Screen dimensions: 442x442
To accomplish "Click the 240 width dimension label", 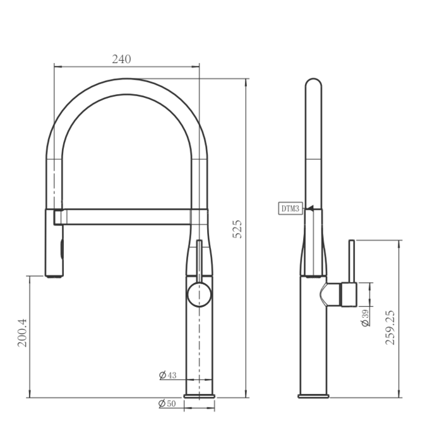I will click(x=121, y=59).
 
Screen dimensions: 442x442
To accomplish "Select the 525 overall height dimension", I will click(x=237, y=229).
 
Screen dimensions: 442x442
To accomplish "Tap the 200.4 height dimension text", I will click(x=21, y=333).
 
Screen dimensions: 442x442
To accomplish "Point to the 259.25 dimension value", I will click(x=390, y=326).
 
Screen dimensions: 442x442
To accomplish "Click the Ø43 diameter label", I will click(x=168, y=375).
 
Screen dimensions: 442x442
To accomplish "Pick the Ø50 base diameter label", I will click(x=167, y=403).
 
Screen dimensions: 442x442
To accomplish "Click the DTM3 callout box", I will click(x=290, y=208).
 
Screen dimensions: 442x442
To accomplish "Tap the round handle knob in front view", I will click(x=200, y=295).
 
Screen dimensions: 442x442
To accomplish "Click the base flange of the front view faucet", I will click(x=199, y=396).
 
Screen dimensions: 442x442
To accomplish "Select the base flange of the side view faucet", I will click(x=313, y=396).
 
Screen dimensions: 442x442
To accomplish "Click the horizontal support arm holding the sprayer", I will click(x=126, y=217).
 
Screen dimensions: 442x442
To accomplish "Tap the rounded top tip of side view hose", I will click(x=313, y=83).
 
